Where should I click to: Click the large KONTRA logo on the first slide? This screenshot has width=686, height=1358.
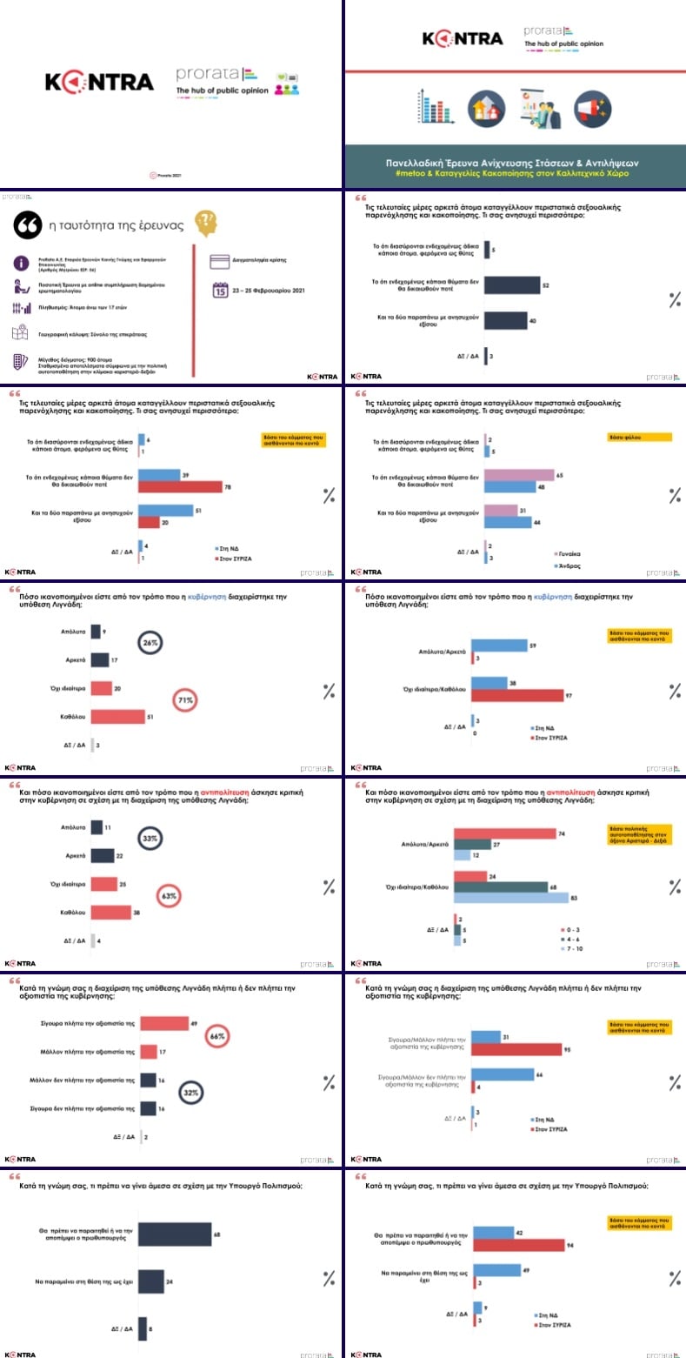pyautogui.click(x=99, y=83)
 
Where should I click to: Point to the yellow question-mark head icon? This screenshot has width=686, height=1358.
pyautogui.click(x=205, y=222)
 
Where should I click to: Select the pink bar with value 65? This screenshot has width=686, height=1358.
pyautogui.click(x=518, y=474)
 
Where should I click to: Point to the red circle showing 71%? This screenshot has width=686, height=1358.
pyautogui.click(x=185, y=699)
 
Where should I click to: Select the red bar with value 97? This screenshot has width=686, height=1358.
pyautogui.click(x=517, y=695)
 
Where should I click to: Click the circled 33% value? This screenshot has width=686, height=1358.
pyautogui.click(x=150, y=839)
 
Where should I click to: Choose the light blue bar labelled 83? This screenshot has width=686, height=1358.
pyautogui.click(x=511, y=897)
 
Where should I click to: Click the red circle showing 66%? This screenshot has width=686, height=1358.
pyautogui.click(x=217, y=1035)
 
